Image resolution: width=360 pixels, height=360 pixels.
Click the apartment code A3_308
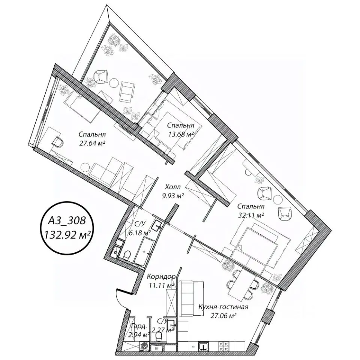pyautogui.click(x=67, y=221)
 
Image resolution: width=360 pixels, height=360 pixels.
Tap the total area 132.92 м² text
pyautogui.click(x=67, y=235)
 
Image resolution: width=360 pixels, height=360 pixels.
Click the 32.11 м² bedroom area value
pyautogui.click(x=250, y=215)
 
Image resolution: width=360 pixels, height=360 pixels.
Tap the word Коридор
pyautogui.click(x=161, y=276)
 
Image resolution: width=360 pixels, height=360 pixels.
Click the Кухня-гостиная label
pyautogui.click(x=223, y=307)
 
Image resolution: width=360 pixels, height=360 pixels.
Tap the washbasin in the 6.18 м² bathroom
pyautogui.click(x=158, y=225)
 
